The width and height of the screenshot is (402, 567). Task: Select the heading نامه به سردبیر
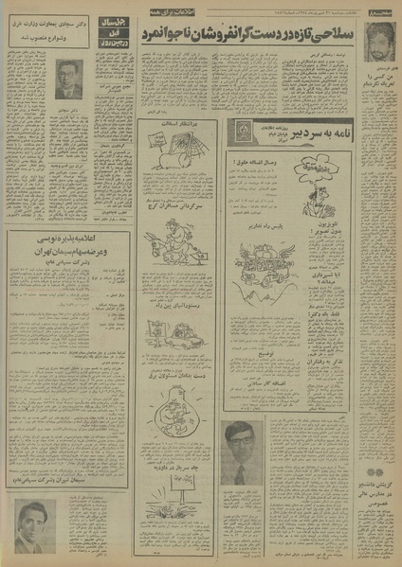(303, 133)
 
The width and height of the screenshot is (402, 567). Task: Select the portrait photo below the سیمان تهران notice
(35, 525)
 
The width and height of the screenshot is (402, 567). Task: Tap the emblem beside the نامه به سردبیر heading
(244, 132)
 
